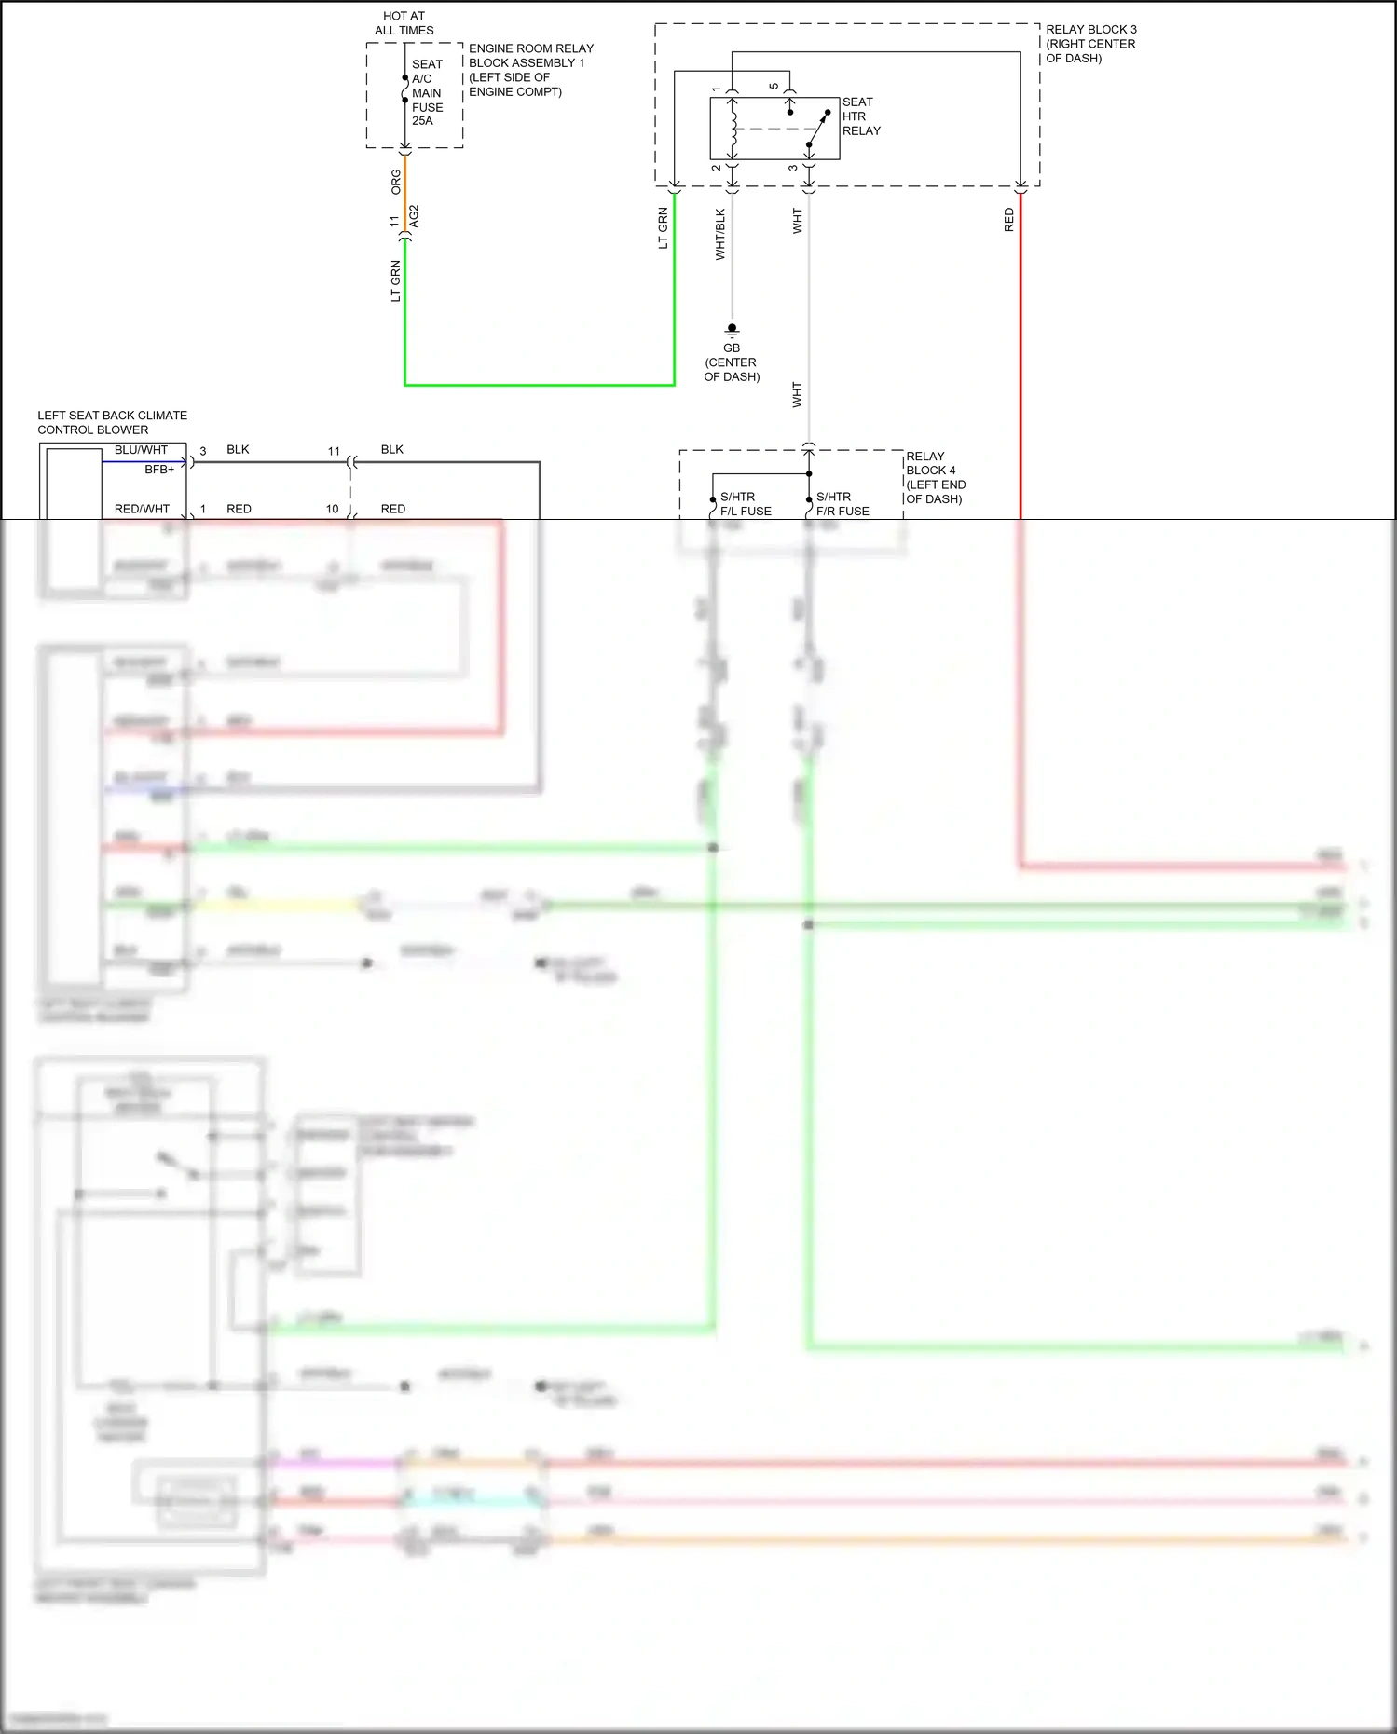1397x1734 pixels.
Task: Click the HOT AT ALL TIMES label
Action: coord(404,23)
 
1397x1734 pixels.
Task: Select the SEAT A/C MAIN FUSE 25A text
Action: coord(426,92)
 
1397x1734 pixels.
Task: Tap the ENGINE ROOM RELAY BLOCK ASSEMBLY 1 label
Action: coord(530,70)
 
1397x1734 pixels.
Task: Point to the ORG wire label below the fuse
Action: coord(396,182)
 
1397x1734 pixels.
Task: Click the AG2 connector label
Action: coord(415,216)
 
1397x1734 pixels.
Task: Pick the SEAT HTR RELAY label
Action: coord(860,116)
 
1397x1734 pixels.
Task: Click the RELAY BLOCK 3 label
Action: coord(1090,44)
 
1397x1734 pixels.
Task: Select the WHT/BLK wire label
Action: coord(719,234)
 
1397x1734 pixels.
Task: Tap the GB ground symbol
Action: coord(732,329)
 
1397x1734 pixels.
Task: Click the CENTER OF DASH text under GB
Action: coord(732,369)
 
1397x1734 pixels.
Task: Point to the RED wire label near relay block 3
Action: coord(1008,220)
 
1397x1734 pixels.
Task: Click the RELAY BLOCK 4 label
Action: coord(935,477)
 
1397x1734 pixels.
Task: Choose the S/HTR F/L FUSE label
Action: coord(745,504)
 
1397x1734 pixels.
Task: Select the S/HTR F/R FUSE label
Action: coord(842,504)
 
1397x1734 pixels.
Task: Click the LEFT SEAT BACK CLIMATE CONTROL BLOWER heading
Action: coord(112,422)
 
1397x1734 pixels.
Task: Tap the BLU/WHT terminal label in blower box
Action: coord(141,450)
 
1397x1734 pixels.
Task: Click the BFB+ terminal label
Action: coord(159,470)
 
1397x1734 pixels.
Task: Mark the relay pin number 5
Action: coord(774,87)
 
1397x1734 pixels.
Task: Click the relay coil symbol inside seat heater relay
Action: coord(733,129)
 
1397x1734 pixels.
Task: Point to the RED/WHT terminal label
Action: coord(142,509)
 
